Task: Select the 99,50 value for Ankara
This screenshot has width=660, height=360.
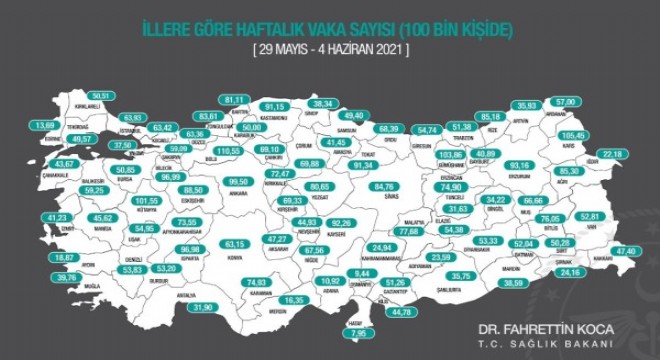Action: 237,181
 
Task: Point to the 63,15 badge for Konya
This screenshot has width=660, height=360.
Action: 235,243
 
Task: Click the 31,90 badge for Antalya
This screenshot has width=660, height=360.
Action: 204,307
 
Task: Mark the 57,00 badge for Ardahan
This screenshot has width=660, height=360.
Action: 566,103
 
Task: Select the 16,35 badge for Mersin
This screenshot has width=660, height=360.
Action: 294,300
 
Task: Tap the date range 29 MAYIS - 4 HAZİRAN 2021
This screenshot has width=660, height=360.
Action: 330,48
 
